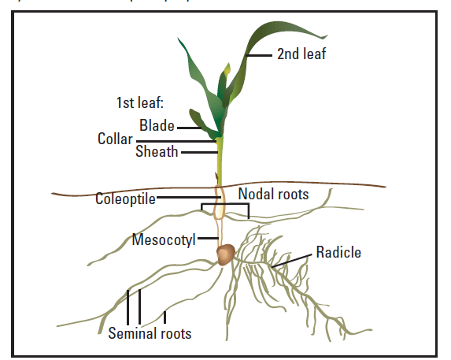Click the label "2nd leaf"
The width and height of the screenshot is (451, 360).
point(301,54)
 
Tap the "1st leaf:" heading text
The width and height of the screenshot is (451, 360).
point(139,102)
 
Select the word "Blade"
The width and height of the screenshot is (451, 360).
point(157,125)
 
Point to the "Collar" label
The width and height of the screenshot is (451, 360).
point(115,139)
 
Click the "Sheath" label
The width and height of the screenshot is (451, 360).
point(157,151)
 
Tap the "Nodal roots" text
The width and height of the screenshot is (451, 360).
point(273,194)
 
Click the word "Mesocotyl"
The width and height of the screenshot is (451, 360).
point(164,239)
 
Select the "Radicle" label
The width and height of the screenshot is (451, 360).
point(338,253)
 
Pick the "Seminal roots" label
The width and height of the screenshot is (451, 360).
point(150,333)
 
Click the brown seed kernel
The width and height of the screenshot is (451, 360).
point(225,254)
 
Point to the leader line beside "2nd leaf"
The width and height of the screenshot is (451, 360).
point(259,55)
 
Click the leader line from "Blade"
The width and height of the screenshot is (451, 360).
point(188,126)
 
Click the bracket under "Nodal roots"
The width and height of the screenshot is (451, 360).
point(225,205)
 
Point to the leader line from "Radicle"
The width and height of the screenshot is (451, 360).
point(295,258)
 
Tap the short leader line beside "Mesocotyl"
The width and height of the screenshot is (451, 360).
point(206,238)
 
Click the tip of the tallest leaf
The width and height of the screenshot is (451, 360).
point(325,36)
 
